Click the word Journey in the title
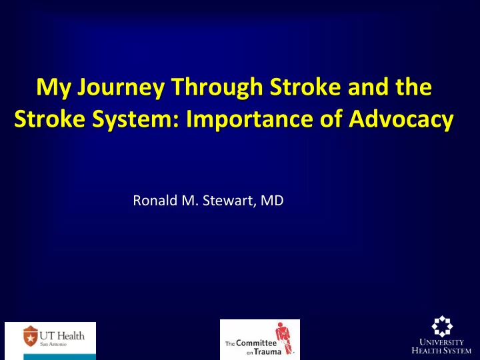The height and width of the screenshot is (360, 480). click(x=121, y=88)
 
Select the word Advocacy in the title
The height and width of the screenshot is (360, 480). click(x=401, y=119)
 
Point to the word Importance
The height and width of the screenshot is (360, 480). click(x=249, y=119)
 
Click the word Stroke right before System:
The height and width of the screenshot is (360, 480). click(x=49, y=119)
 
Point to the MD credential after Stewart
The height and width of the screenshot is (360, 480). click(x=272, y=201)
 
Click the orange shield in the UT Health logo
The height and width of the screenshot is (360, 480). click(x=31, y=336)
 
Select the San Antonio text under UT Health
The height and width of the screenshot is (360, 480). click(x=53, y=344)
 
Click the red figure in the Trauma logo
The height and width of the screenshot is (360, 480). click(x=285, y=338)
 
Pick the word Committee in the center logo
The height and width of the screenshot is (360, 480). click(x=256, y=343)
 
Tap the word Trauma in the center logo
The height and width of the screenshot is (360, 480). click(x=267, y=352)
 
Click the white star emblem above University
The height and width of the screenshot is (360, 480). click(x=442, y=326)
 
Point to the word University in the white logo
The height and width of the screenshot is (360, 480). click(x=441, y=342)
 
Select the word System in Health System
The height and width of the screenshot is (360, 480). click(x=456, y=350)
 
